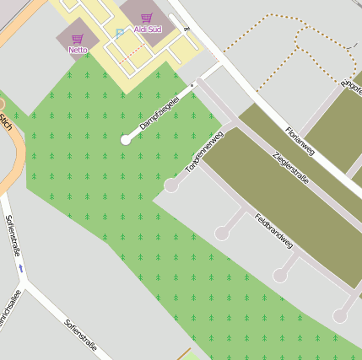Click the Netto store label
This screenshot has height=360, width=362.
point(78,50)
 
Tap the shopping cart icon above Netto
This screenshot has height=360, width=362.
point(78,39)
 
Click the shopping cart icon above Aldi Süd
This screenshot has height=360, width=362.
point(147,18)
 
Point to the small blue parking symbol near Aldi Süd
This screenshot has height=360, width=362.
point(119,33)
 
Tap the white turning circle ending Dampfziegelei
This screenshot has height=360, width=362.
point(126,140)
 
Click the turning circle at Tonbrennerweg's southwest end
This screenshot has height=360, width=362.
point(171,185)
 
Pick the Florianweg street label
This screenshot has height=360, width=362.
point(300,141)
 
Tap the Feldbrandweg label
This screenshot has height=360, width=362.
point(273,230)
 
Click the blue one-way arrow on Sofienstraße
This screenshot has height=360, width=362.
point(22,268)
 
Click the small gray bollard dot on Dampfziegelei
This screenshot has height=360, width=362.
point(192,85)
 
